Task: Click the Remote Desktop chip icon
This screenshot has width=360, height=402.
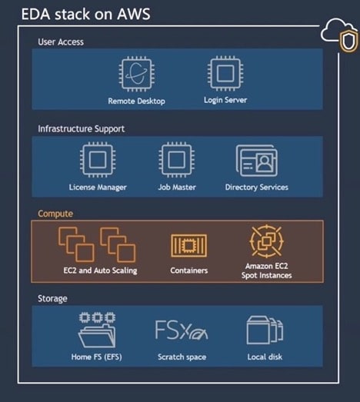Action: (136, 75)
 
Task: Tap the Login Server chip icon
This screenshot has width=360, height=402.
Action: (225, 74)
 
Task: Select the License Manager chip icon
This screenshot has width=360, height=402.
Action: (98, 160)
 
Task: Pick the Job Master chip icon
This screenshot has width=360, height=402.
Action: (176, 160)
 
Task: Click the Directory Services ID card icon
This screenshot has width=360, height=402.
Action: (257, 161)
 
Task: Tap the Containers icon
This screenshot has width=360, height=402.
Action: (189, 245)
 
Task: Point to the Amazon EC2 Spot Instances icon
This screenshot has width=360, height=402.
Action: (267, 241)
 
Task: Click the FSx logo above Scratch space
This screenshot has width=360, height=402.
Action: (182, 330)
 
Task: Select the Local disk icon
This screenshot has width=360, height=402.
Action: (265, 331)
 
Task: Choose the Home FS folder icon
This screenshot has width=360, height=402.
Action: (97, 330)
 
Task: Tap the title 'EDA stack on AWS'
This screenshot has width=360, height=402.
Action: (85, 14)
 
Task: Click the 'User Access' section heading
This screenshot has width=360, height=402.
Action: (61, 42)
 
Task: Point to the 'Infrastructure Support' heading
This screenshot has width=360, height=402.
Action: (81, 128)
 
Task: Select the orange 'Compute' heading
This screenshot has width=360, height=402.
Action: (55, 214)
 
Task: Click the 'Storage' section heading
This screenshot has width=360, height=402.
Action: (52, 299)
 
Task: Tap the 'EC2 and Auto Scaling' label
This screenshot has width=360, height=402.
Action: (100, 271)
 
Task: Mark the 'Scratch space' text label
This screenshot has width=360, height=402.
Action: (182, 357)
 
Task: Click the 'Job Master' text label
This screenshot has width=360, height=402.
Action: (177, 188)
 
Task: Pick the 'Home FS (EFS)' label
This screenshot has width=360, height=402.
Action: (97, 357)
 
